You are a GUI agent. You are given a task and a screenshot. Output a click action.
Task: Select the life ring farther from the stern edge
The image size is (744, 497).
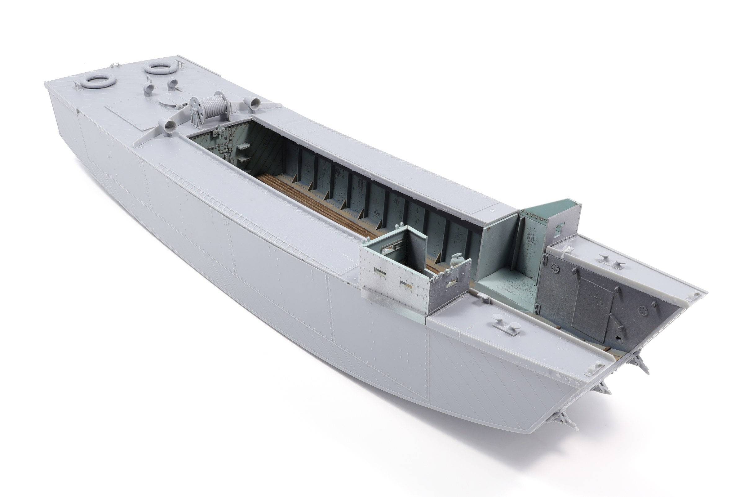tap(157, 68)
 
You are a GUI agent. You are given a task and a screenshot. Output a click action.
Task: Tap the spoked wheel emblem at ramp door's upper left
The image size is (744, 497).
tap(555, 268)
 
